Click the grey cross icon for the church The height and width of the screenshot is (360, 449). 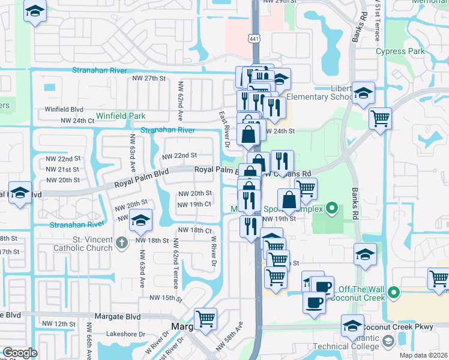[121, 242]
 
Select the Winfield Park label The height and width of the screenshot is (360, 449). [121, 116]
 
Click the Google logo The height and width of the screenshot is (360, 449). [19, 352]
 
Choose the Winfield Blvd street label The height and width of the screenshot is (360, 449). [64, 110]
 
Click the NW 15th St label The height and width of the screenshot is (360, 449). [166, 298]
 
